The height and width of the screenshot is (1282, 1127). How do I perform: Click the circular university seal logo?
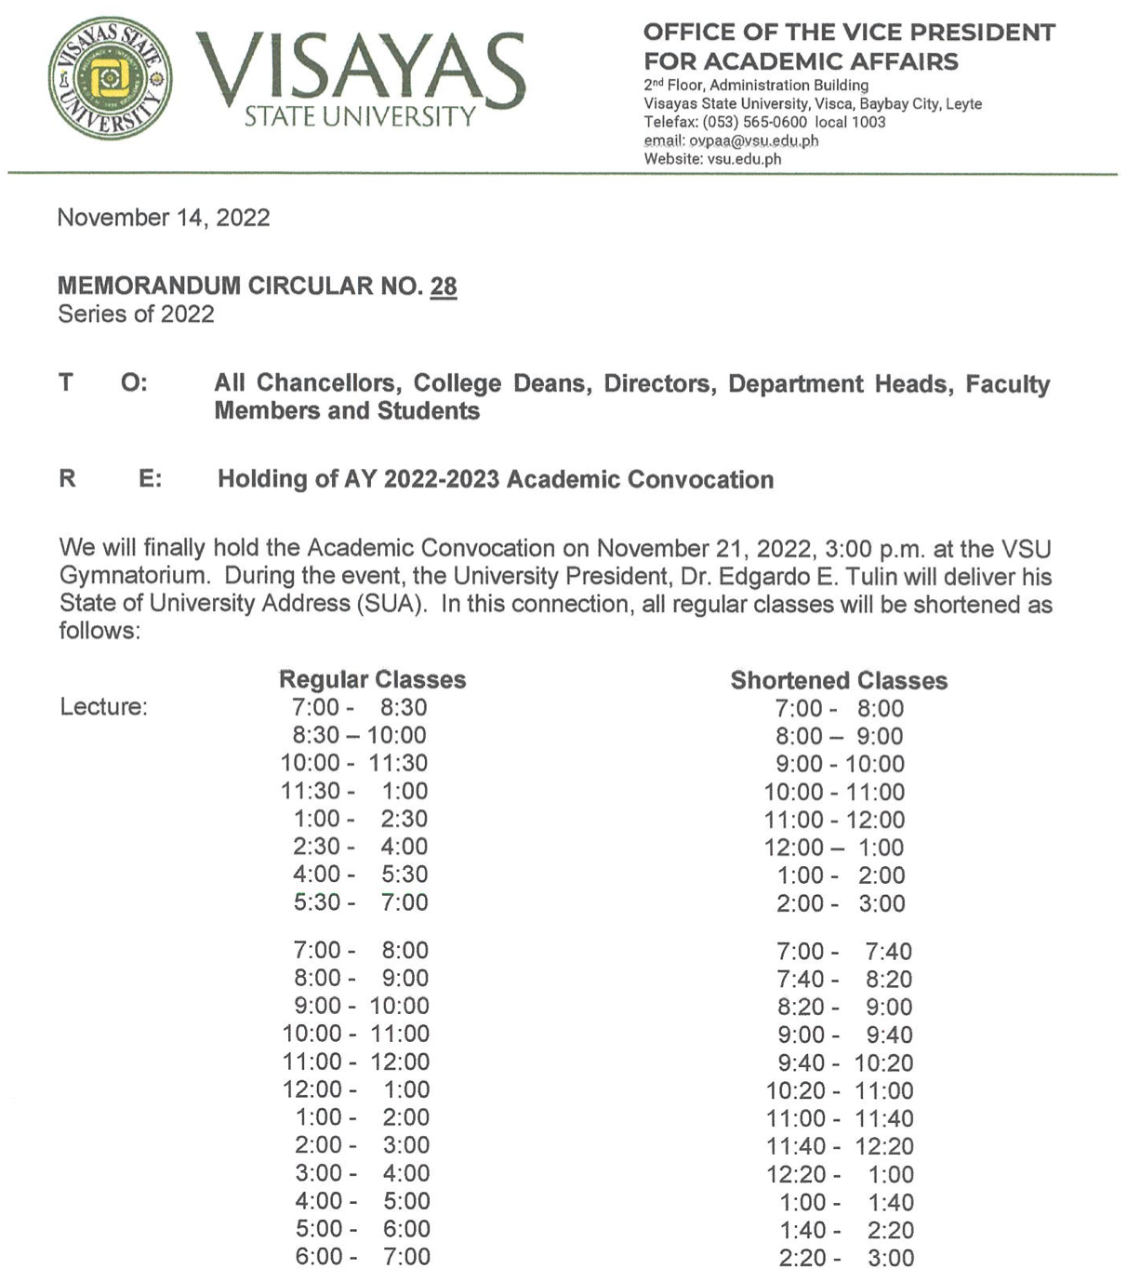tap(110, 77)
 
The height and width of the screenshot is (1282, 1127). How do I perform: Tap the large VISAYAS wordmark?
tap(361, 71)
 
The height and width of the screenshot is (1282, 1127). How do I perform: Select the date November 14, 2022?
tap(164, 218)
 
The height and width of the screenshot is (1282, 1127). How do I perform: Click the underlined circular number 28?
tap(443, 286)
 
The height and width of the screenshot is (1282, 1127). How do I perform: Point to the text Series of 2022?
tap(136, 314)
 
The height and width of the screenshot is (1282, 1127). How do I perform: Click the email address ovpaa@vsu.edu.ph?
tap(754, 140)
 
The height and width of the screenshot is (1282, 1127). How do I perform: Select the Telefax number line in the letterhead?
tap(764, 122)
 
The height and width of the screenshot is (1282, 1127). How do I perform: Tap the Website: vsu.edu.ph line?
tap(712, 159)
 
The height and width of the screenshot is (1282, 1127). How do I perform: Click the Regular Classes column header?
tap(372, 679)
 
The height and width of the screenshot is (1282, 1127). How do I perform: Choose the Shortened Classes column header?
tap(839, 680)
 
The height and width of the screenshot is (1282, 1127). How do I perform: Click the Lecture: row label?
tap(103, 707)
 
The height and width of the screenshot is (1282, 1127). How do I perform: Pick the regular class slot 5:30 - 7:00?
tap(360, 902)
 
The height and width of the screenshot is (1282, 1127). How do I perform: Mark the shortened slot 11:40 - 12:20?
tap(840, 1146)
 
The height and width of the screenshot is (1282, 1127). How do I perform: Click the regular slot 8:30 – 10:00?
tap(359, 735)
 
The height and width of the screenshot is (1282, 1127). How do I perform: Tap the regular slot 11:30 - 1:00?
tap(354, 791)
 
